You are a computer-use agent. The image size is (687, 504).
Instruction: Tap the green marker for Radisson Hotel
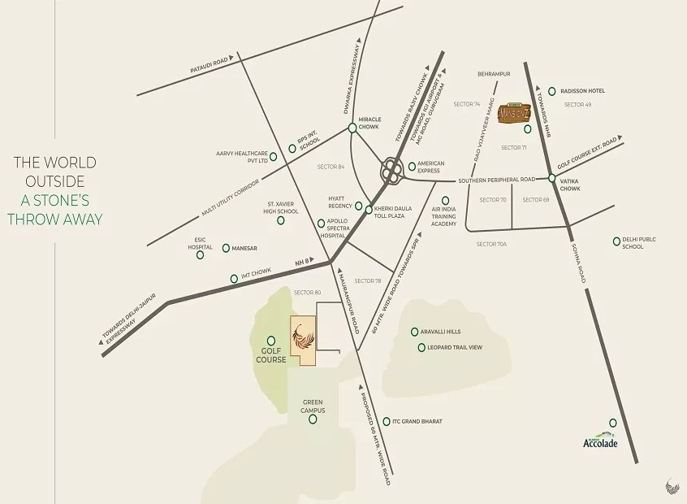tap(552, 91)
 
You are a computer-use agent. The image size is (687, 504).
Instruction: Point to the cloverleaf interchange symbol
tap(392, 171)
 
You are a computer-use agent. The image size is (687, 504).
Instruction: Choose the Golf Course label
tap(271, 354)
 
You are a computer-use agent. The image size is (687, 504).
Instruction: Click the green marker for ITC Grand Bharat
tap(387, 421)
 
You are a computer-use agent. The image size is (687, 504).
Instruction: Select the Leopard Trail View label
tap(455, 348)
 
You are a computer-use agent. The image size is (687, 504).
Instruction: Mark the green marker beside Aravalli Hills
tap(414, 332)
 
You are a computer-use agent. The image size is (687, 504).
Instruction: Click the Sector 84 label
tap(331, 167)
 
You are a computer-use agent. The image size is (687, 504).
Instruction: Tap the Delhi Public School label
tap(638, 242)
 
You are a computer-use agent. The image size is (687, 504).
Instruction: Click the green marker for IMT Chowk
tap(235, 278)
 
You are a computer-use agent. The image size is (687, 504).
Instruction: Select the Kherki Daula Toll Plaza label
tap(392, 212)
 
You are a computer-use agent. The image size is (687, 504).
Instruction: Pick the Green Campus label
tap(313, 406)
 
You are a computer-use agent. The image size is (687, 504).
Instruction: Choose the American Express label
tap(430, 167)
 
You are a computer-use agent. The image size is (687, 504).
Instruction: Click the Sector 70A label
tap(491, 244)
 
